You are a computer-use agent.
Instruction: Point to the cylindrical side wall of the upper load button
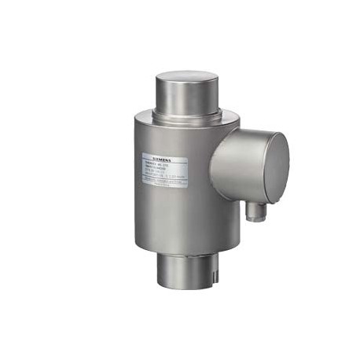pyautogui.click(x=186, y=101)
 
